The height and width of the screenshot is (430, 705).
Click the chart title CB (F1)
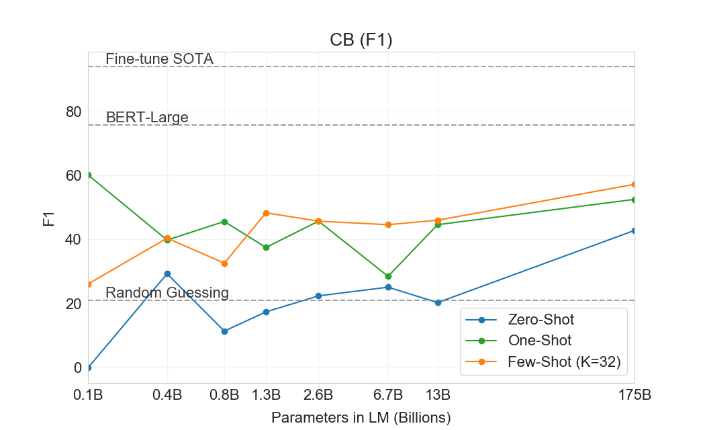pos(361,40)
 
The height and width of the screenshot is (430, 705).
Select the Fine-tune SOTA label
pos(159,59)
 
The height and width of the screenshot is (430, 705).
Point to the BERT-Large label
pos(147,118)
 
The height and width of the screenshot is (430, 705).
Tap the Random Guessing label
pos(167,293)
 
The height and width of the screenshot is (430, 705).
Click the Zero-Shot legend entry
pos(541,319)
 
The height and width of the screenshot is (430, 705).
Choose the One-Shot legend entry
pos(540,341)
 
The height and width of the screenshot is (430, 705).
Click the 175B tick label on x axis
pos(634,395)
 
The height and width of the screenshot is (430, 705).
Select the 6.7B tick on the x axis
pos(388,395)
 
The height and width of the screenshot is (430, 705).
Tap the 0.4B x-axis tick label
pos(167,395)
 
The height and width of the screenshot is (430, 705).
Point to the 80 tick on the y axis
pos(74,112)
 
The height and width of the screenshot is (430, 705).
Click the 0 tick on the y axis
pos(78,368)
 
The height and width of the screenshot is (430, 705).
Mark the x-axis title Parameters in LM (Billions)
pos(361,417)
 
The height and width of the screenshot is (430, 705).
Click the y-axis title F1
pos(48,219)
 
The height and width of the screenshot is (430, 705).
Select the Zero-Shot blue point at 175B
pos(634,230)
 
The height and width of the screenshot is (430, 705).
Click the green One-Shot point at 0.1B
pos(88,175)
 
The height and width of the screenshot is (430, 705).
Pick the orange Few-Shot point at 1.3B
pos(266,213)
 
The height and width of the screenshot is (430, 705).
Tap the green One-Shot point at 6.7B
pos(388,276)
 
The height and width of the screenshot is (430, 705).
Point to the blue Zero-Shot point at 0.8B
pos(224,331)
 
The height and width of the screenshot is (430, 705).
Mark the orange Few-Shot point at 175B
pos(634,184)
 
